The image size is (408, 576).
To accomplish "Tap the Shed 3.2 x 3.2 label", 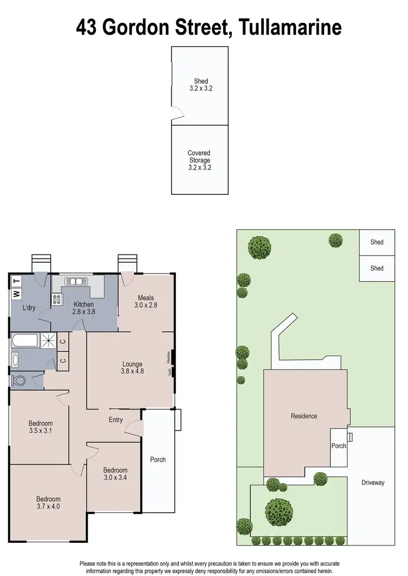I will pos(201,84).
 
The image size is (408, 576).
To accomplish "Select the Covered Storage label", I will pos(199,160).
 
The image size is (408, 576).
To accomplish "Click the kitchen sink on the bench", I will pos(76,281).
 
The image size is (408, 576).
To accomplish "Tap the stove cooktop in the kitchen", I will pos(57,299).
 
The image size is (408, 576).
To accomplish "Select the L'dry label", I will pos(29,308).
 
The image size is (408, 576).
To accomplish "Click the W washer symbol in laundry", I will pos(16,294).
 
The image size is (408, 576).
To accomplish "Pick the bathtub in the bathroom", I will pos(24,342).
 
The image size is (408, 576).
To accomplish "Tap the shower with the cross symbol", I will pos(48,341).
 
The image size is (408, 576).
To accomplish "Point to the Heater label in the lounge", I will pos(169,357).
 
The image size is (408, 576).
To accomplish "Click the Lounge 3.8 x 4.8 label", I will pos(132,368).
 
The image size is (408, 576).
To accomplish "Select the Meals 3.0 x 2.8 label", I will pos(146,301).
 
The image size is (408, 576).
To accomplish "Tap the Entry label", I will pos(116,419).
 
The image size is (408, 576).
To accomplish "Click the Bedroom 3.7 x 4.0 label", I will pos(48,503).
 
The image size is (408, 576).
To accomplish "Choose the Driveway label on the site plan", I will pos(373,482).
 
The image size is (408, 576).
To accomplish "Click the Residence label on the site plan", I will pos(304,416).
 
